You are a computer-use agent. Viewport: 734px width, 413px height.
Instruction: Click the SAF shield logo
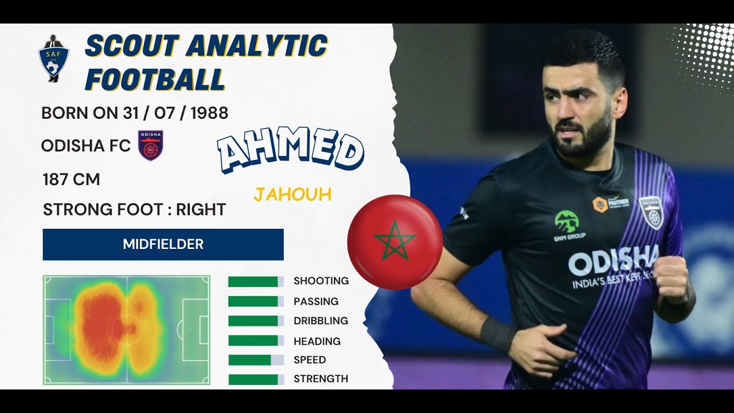coord(53,59)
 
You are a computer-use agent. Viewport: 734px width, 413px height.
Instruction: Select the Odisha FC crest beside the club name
coord(151,145)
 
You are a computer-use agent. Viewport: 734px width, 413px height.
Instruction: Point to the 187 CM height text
coord(71,180)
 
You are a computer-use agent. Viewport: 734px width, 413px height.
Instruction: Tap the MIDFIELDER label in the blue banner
coord(163,244)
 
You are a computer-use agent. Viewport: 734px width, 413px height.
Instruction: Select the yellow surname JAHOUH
coord(292,194)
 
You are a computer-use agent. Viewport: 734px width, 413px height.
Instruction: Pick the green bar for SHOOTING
coord(253,282)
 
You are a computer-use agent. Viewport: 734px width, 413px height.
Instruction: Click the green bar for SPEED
coord(249,360)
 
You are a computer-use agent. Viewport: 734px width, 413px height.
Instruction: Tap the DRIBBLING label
coord(321,321)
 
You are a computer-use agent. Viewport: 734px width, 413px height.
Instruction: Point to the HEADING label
coord(317,341)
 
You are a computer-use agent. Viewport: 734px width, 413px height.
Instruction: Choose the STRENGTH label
coord(321,379)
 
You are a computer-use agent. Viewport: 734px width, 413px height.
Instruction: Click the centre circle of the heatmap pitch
coord(127,330)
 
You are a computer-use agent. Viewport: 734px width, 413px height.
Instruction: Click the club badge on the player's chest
coord(651,212)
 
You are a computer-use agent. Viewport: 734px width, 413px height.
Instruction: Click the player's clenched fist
coord(671,279)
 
